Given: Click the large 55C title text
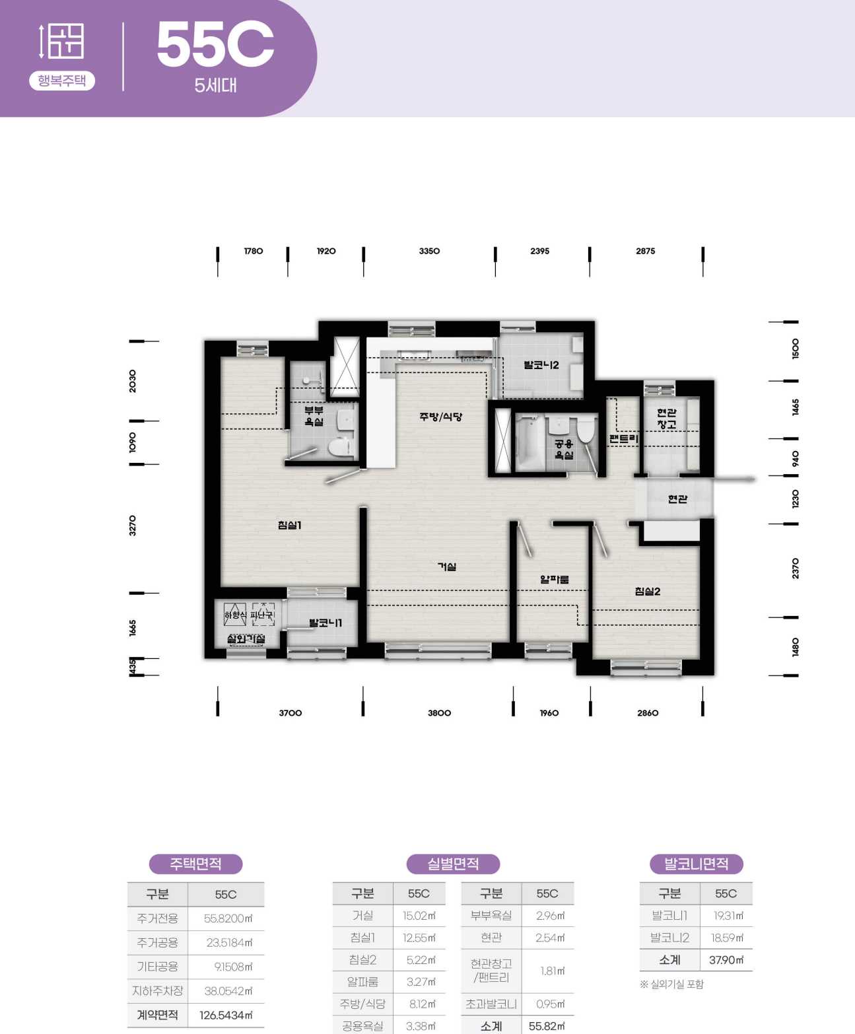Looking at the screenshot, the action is pyautogui.click(x=215, y=45).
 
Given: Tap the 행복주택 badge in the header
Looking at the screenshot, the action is pyautogui.click(x=62, y=81).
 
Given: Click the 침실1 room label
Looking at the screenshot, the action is pyautogui.click(x=290, y=525).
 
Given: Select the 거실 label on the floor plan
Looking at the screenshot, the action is pyautogui.click(x=446, y=567).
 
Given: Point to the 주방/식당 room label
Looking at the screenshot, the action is pyautogui.click(x=440, y=417).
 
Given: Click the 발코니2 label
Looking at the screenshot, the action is pyautogui.click(x=541, y=365).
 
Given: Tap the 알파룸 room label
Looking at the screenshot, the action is pyautogui.click(x=555, y=579).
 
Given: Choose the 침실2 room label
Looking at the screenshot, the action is pyautogui.click(x=648, y=592).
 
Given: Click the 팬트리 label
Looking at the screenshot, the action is pyautogui.click(x=624, y=438).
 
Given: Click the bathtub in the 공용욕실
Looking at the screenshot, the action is pyautogui.click(x=530, y=443).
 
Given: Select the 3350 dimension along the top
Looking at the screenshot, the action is pyautogui.click(x=429, y=251).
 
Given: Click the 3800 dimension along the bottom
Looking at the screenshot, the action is pyautogui.click(x=439, y=713).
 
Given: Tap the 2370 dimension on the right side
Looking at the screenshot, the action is pyautogui.click(x=796, y=568).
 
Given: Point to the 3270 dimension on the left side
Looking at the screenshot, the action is pyautogui.click(x=132, y=526).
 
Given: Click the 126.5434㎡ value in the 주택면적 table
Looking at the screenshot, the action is pyautogui.click(x=226, y=1016).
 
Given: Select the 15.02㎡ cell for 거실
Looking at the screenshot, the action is pyautogui.click(x=419, y=916).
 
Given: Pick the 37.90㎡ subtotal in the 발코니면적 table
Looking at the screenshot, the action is pyautogui.click(x=726, y=960).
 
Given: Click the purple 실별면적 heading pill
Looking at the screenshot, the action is pyautogui.click(x=453, y=864).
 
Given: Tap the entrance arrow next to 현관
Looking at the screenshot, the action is pyautogui.click(x=735, y=479).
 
